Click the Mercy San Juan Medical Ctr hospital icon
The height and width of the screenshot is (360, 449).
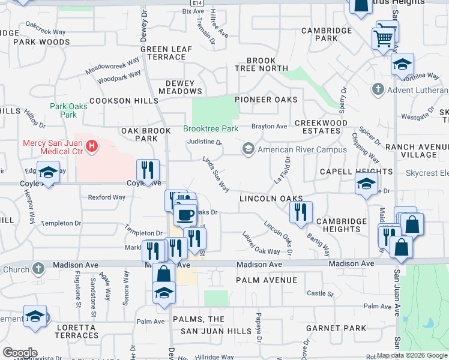pyautogui.click(x=91, y=146)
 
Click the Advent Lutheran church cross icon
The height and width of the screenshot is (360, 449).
pyautogui.click(x=378, y=90)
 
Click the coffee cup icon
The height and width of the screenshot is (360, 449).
pyautogui.click(x=185, y=214)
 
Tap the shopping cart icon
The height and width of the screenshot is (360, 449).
pyautogui.click(x=383, y=39)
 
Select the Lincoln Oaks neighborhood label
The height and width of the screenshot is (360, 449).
pyautogui.click(x=270, y=198)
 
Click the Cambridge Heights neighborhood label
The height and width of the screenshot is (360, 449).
pyautogui.click(x=342, y=226)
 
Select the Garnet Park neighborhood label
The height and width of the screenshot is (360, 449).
pyautogui.click(x=336, y=328)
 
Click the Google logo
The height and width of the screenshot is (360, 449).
pyautogui.click(x=20, y=352)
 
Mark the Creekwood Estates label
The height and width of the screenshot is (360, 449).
pyautogui.click(x=322, y=127)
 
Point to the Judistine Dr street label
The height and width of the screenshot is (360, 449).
pyautogui.click(x=205, y=143)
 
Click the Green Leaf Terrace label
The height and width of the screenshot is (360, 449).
pyautogui.click(x=167, y=53)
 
